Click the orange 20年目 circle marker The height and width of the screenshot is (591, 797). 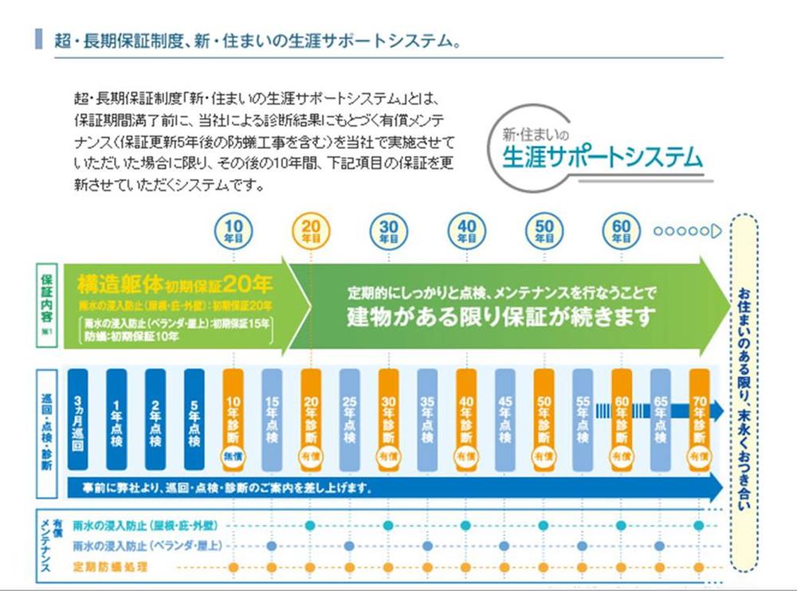[311, 230]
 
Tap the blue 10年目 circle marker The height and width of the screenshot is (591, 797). [233, 230]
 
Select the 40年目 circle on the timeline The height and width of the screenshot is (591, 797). [466, 230]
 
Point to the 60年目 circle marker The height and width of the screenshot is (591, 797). [622, 230]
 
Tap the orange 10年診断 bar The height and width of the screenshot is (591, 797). [233, 414]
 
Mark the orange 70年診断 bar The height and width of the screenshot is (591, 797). [699, 414]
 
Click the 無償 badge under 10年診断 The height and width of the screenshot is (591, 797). [233, 456]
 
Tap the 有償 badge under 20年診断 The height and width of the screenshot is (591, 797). [311, 456]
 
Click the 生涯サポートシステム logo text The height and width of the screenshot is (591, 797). [603, 156]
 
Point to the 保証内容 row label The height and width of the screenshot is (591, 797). [46, 307]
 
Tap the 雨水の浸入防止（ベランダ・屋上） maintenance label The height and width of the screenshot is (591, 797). [147, 546]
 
